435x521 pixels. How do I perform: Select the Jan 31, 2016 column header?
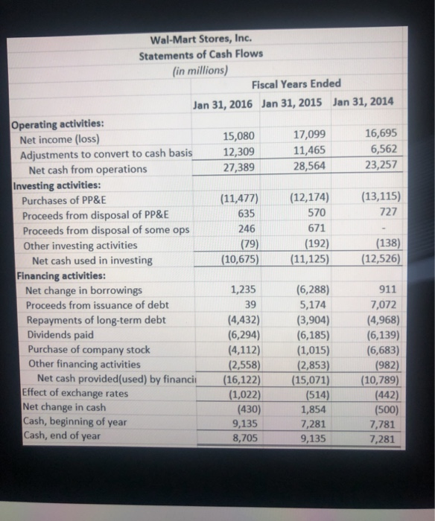point(223,102)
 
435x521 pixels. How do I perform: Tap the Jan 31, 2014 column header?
point(364,102)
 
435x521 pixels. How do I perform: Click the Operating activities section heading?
point(57,124)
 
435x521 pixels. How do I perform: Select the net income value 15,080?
point(242,137)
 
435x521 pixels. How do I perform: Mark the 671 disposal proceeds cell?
point(317,229)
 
